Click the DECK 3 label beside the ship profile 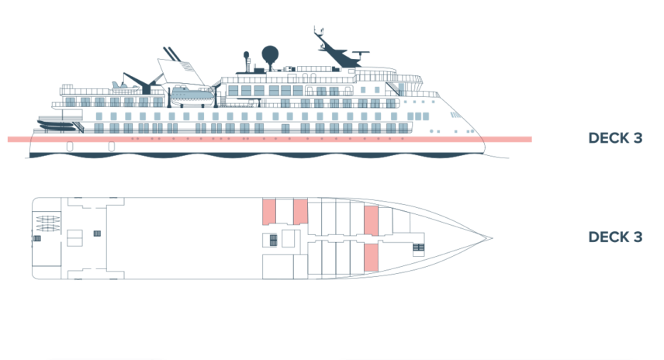pos(615,140)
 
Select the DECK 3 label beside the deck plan pos(615,237)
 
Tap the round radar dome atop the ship pos(270,54)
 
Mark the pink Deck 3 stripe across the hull pos(264,140)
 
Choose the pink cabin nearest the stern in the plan pos(269,212)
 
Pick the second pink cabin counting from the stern pos(301,210)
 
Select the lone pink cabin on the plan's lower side pos(371,258)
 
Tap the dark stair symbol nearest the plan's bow pos(418,247)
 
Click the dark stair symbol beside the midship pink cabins pos(273,239)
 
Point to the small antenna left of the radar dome pos(247,57)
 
